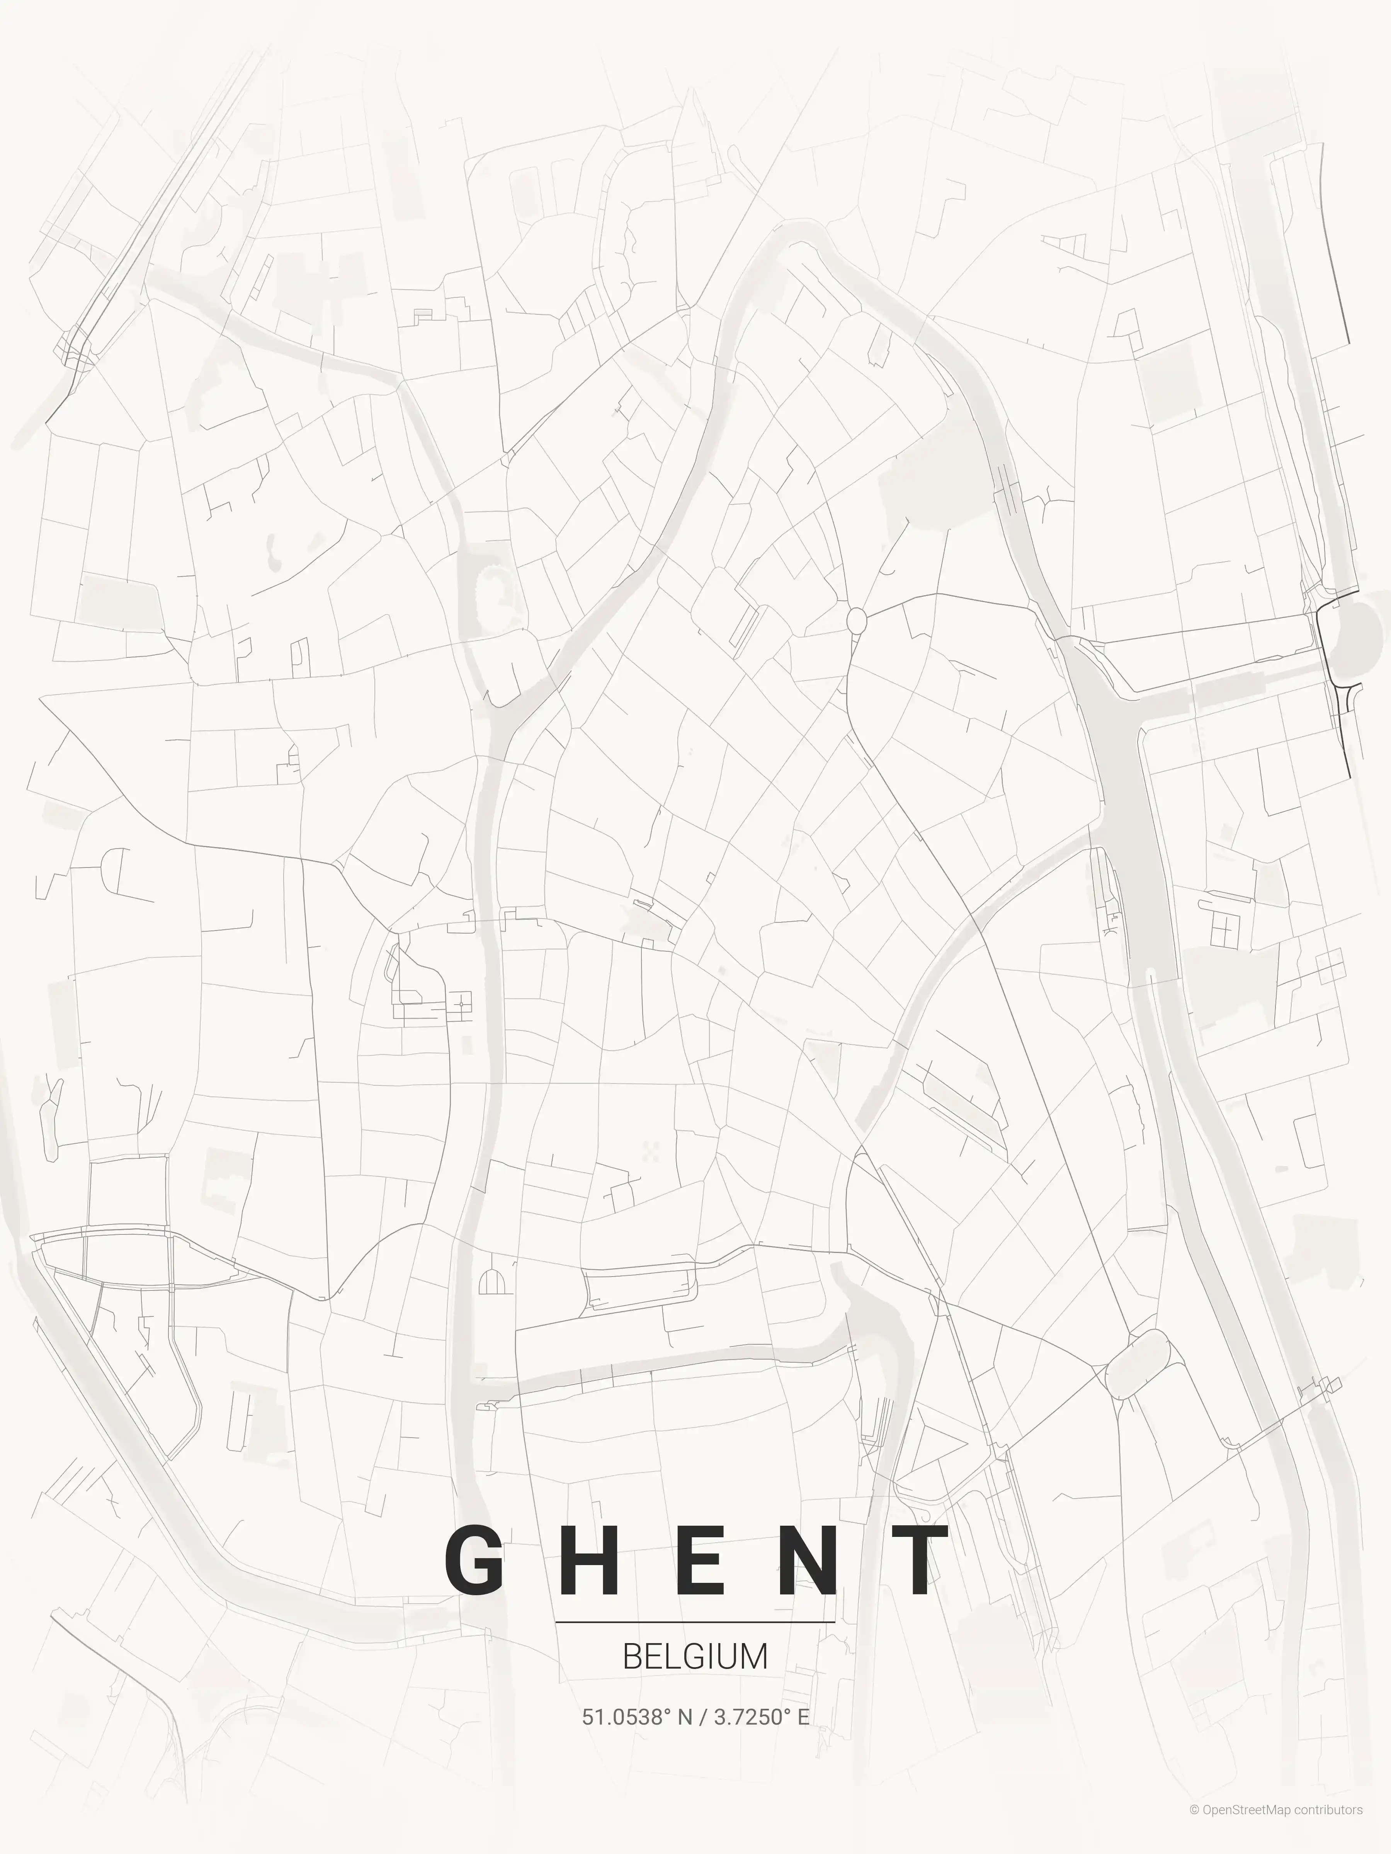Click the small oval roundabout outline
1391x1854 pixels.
856,621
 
